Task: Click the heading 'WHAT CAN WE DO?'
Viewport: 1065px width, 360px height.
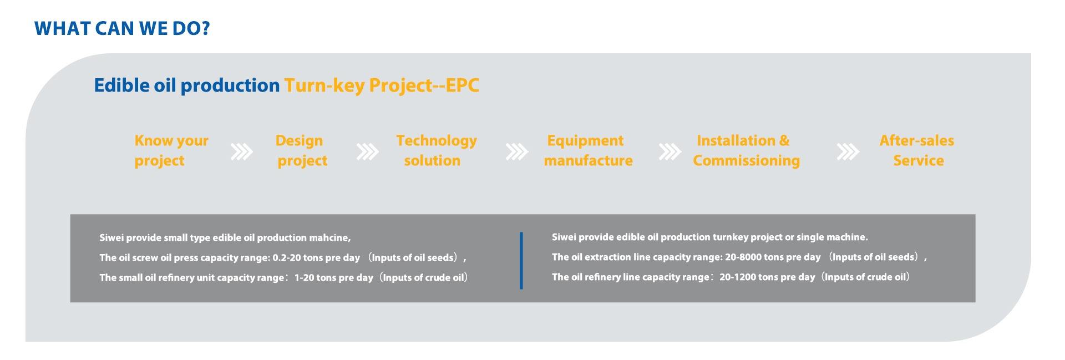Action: tap(122, 28)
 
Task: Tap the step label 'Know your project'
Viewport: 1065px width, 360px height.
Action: tap(171, 150)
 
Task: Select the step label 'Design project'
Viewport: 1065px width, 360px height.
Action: tap(301, 150)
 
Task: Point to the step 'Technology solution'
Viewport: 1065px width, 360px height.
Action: tap(435, 150)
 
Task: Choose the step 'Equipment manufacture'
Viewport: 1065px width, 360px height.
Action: tap(587, 150)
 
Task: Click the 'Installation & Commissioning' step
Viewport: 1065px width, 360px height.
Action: tap(745, 150)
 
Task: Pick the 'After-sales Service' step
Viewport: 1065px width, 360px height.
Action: tap(917, 150)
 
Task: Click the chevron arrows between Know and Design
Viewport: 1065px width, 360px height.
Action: tap(241, 151)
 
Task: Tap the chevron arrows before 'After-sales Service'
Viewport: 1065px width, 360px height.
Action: tap(848, 151)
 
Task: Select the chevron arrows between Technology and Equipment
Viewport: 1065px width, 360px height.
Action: tap(516, 151)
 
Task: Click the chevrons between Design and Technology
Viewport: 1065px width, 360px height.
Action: tap(367, 151)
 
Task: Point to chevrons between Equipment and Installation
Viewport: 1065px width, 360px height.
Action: tap(670, 151)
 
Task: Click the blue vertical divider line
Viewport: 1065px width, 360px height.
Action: tap(521, 261)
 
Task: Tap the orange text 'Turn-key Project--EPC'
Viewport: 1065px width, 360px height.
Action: tap(382, 85)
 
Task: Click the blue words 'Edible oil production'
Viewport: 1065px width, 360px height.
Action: tap(186, 85)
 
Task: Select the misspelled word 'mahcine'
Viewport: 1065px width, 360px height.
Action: tap(332, 238)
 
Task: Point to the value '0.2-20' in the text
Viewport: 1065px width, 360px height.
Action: tap(287, 258)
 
